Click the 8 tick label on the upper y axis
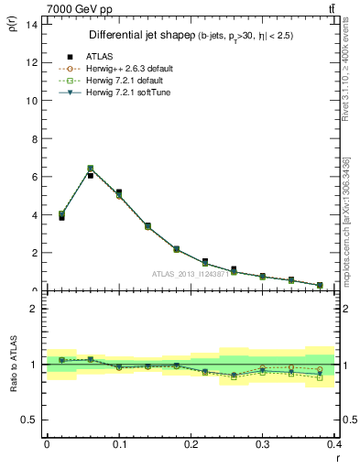coord(33,138)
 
